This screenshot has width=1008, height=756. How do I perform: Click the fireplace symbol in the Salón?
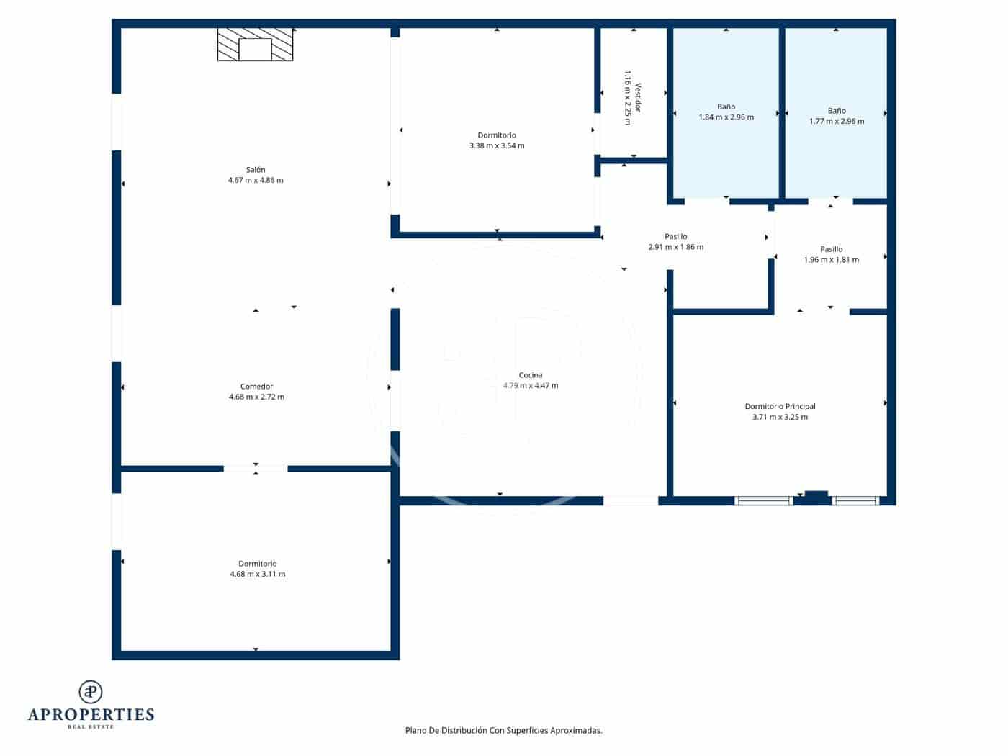[x=255, y=45]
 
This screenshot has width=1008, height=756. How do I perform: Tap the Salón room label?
[x=256, y=170]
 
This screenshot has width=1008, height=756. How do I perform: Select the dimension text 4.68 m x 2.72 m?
[x=256, y=397]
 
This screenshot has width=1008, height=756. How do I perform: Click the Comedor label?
[x=256, y=387]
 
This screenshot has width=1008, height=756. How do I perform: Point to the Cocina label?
[x=531, y=375]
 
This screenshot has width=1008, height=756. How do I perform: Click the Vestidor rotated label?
[x=637, y=98]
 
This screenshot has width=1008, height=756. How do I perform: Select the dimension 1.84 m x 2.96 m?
[x=726, y=117]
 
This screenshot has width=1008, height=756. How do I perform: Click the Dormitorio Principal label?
[x=780, y=407]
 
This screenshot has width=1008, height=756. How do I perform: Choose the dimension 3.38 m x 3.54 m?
[x=497, y=145]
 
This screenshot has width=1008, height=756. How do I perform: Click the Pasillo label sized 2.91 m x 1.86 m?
[x=675, y=237]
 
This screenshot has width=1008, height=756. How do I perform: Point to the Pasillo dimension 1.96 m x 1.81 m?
[x=831, y=260]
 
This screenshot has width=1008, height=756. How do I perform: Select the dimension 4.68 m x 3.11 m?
[x=257, y=574]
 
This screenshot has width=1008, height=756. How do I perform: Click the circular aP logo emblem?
[x=91, y=692]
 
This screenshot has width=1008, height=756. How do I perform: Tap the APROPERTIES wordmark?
[x=91, y=714]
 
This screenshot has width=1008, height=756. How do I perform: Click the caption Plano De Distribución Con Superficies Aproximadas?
[x=503, y=730]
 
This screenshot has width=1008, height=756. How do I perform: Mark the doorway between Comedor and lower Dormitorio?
[x=256, y=469]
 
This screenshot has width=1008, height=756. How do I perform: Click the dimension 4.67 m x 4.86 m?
[x=256, y=180]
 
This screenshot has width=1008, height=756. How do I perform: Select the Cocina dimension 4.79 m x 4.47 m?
[x=531, y=386]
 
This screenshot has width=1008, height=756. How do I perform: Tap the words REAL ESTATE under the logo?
[x=91, y=727]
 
